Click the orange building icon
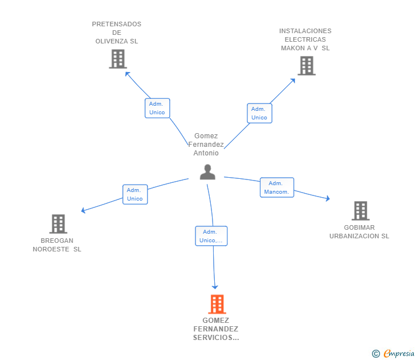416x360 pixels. point(217,304)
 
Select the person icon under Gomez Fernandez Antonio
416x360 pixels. point(207,172)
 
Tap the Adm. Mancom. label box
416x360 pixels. point(277,187)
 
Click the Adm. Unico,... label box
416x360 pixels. point(211,236)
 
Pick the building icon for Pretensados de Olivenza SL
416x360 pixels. point(118,59)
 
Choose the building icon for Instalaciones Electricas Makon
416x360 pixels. point(306,66)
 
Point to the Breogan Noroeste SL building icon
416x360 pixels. point(58,224)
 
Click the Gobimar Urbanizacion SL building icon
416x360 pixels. point(361,211)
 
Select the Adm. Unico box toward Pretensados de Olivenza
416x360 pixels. point(157,108)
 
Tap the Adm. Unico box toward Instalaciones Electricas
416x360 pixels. point(259,113)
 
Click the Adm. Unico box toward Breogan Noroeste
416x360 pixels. point(135,194)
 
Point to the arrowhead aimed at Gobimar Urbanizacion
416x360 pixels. point(328,198)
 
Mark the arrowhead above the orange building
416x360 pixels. point(215,287)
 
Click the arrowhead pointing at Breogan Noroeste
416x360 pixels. point(83,210)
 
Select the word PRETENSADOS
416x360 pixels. point(117,24)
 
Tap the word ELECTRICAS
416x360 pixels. point(305,39)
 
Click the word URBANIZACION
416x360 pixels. point(354,236)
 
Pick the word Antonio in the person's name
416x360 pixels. point(206,153)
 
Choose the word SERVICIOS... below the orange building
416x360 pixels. point(216,338)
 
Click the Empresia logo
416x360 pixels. point(393,354)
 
